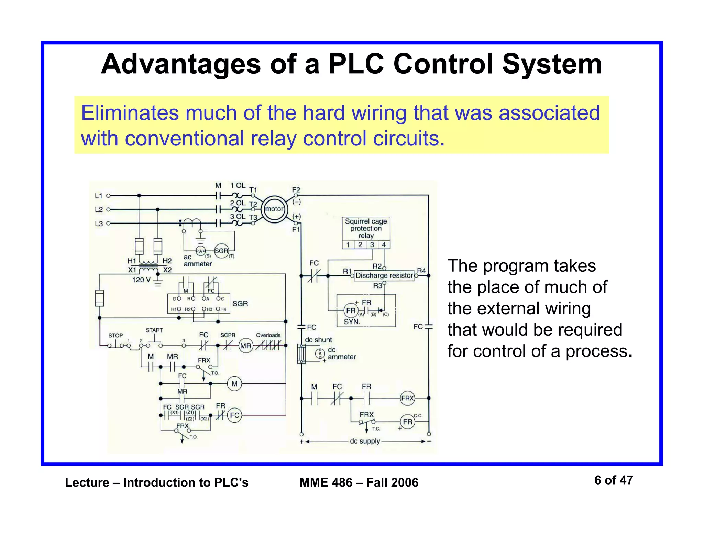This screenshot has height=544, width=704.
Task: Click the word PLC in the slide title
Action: coord(355,64)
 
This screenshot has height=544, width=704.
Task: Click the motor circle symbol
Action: coord(274,209)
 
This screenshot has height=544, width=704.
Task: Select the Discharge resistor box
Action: coord(384,275)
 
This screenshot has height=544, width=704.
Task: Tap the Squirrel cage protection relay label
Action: coord(366,228)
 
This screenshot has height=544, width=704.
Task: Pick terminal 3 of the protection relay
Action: coord(372,245)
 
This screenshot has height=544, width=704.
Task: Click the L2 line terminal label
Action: coord(99,209)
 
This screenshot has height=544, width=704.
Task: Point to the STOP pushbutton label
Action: coord(115,335)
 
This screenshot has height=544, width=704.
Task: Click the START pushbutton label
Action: coord(154,330)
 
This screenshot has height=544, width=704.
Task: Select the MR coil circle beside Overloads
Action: coord(246,346)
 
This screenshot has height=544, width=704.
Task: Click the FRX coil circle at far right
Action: coord(407,398)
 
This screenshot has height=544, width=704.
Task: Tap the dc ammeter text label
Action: coord(341,353)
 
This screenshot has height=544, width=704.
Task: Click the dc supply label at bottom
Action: coord(365,441)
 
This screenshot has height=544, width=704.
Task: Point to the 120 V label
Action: coord(141,280)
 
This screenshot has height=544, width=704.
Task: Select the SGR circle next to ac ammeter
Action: coord(221,251)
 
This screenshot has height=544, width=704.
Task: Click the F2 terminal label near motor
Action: coord(296,190)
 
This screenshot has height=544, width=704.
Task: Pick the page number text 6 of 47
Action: coord(613,480)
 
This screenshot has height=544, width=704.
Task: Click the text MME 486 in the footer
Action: coord(326,482)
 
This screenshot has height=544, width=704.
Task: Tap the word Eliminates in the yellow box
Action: coord(130,113)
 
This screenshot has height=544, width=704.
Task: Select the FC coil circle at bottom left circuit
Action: coord(234,415)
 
